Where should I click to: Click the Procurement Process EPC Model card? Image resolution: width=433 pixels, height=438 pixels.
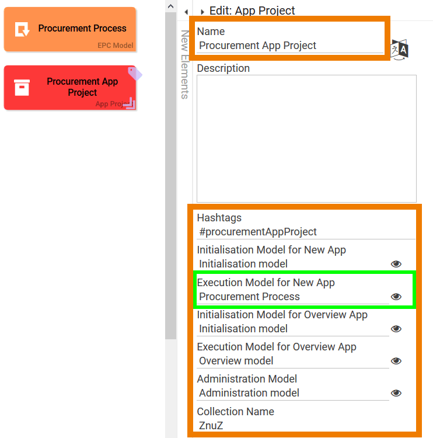click(x=70, y=29)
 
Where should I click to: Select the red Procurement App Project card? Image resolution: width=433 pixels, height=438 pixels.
click(x=70, y=88)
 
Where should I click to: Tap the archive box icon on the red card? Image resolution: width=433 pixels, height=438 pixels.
click(x=22, y=88)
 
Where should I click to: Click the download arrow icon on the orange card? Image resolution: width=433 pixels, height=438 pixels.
click(x=22, y=29)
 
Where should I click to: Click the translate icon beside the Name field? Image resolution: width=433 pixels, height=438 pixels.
click(x=400, y=50)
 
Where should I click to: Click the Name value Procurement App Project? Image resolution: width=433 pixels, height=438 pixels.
click(x=257, y=45)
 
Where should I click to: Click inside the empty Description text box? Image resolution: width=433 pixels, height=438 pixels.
click(x=306, y=138)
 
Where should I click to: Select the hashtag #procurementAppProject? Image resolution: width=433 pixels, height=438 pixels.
click(x=258, y=232)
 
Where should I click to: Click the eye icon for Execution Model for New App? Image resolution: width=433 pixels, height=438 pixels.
click(x=396, y=296)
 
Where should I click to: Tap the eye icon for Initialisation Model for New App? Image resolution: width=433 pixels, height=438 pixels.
click(x=396, y=264)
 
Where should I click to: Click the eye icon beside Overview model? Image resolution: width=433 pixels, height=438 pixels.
click(x=396, y=361)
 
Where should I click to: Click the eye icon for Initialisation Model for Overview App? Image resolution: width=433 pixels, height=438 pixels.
click(x=396, y=329)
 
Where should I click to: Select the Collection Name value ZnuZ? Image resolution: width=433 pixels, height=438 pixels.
click(x=211, y=425)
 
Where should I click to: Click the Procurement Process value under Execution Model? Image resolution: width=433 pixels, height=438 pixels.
click(x=249, y=296)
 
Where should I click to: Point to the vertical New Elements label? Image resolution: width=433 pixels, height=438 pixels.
click(x=185, y=64)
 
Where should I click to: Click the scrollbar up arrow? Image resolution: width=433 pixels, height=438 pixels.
click(x=171, y=6)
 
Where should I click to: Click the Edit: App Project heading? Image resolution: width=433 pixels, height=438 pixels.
click(x=252, y=11)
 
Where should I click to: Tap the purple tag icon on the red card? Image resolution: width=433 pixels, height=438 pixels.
click(x=135, y=74)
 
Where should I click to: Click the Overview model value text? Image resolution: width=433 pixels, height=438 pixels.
click(x=236, y=361)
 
